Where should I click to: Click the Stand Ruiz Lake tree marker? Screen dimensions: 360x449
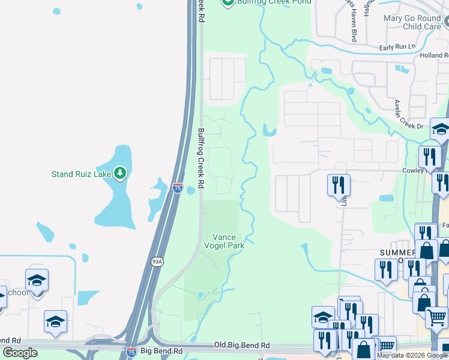point(121,174)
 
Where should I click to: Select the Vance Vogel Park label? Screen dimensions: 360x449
point(228,241)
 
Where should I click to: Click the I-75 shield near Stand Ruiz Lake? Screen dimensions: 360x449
point(177,188)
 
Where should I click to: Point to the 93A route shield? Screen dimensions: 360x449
point(157,261)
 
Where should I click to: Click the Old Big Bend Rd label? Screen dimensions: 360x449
point(242,346)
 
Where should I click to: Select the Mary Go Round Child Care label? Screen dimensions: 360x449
point(413,22)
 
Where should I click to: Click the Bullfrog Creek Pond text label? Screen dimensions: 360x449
point(273,2)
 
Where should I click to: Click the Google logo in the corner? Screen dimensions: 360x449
point(20,353)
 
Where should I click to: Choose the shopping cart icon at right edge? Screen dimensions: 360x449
point(437,316)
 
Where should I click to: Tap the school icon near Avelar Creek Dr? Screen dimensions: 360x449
point(440,130)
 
